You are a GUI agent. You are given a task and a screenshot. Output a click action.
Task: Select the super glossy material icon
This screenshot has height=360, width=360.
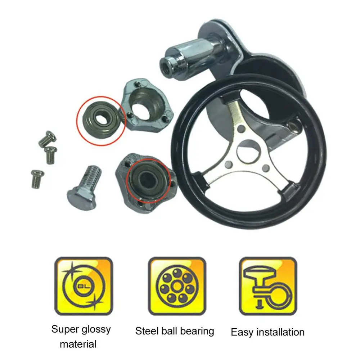pos(84,286)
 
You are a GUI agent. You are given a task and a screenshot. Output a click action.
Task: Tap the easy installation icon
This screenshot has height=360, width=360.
pos(268,286)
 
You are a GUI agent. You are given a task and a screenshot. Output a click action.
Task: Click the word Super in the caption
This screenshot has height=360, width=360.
pos(65,329)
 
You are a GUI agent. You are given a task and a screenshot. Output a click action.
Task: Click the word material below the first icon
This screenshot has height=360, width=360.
pos(78,344)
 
